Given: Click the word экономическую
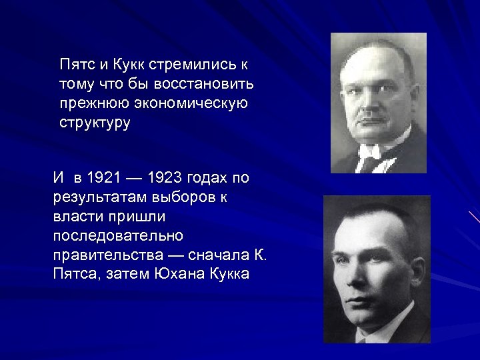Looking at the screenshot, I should click(x=189, y=103).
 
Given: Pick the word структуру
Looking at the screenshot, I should click(x=95, y=123).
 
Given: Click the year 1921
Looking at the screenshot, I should click(x=103, y=178).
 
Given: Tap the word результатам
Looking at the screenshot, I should click(x=96, y=197).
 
